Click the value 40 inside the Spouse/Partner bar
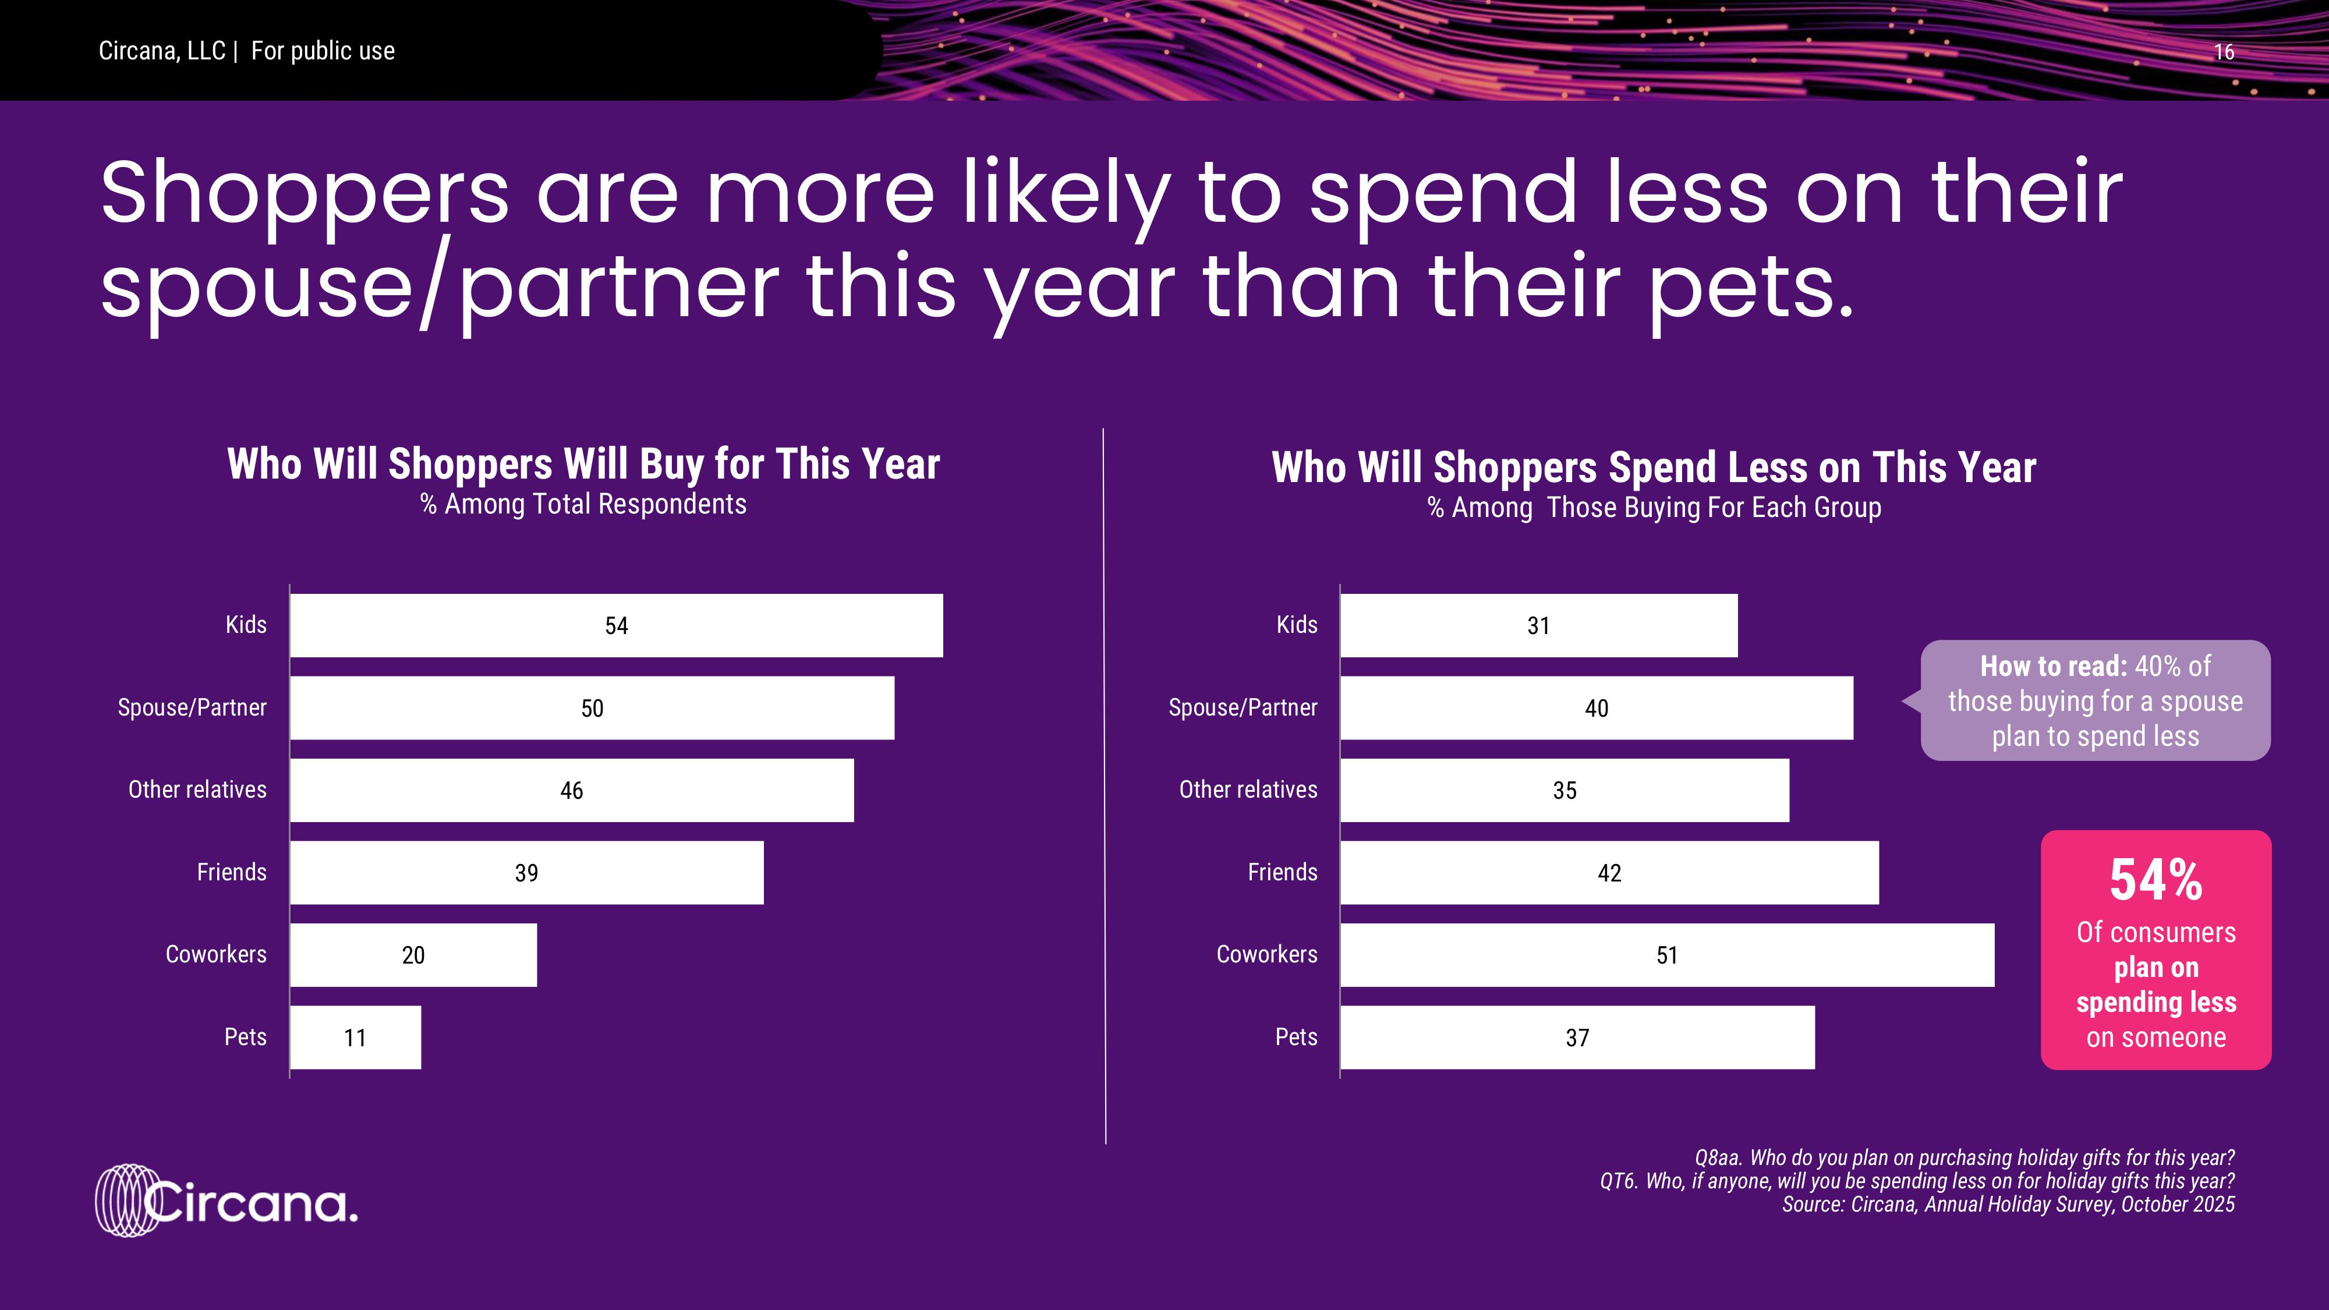pos(1597,708)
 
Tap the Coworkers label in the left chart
pos(216,955)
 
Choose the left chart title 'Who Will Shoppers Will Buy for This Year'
pos(583,464)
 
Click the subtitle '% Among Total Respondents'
pos(583,504)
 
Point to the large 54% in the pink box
pos(2155,880)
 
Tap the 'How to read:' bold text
pos(2053,666)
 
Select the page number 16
pos(2224,52)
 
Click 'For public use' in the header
pos(323,52)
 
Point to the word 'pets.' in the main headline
pos(1751,288)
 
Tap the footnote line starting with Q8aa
pos(1964,1158)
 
